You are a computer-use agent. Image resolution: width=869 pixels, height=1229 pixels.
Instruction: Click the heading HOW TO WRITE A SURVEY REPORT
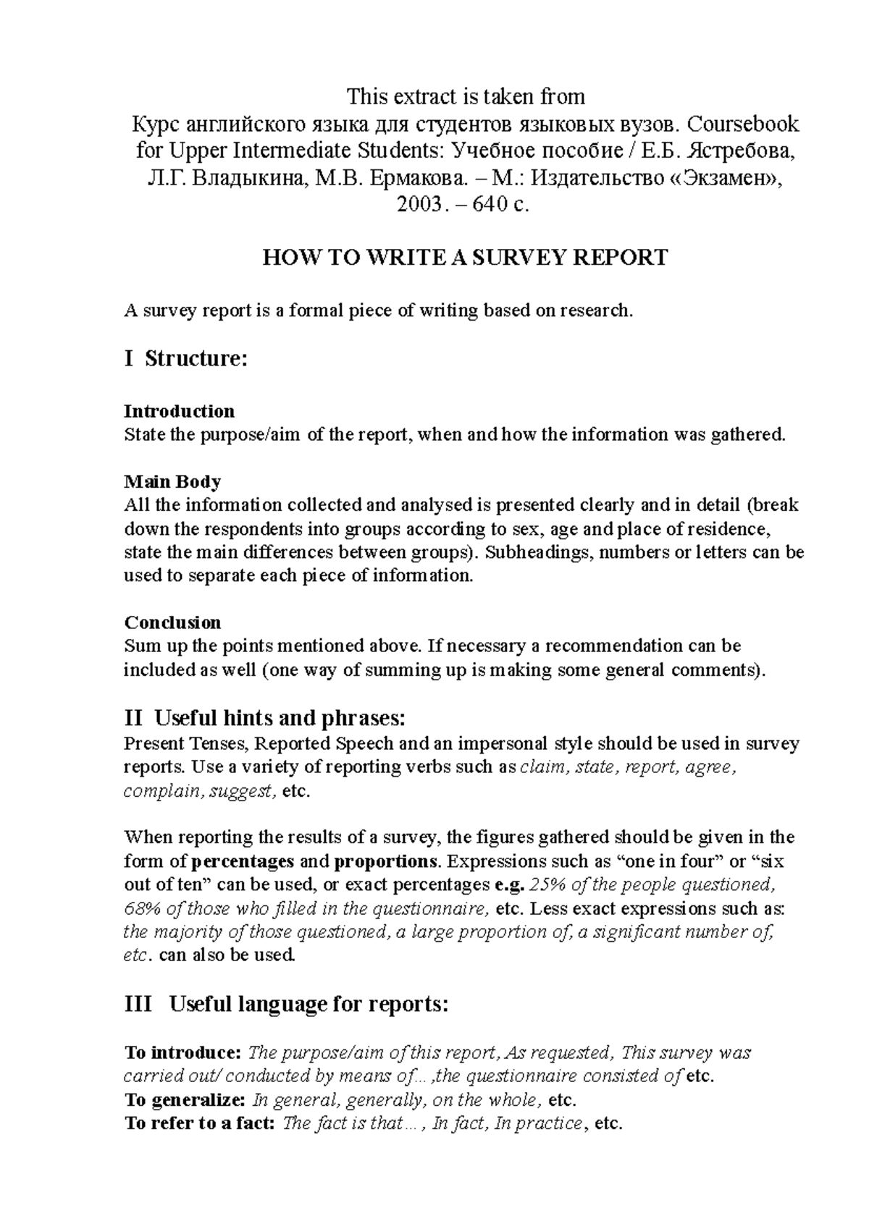point(464,258)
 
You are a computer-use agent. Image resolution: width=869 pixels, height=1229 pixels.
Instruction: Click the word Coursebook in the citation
point(743,124)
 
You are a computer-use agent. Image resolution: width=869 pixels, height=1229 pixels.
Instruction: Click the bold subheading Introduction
point(180,411)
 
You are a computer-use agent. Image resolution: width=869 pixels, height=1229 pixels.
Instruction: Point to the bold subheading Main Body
point(172,481)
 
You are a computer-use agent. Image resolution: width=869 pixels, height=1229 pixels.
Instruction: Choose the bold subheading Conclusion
point(172,622)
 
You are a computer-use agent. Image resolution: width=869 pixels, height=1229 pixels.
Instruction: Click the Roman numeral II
point(133,718)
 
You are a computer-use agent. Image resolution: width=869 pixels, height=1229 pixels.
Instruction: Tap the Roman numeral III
point(138,1005)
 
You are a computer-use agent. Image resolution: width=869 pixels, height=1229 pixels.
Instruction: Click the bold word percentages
point(244,861)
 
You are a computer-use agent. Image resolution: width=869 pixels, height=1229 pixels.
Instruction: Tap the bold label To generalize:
point(185,1100)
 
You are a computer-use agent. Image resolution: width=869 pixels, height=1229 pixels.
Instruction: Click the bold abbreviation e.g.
point(509,884)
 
